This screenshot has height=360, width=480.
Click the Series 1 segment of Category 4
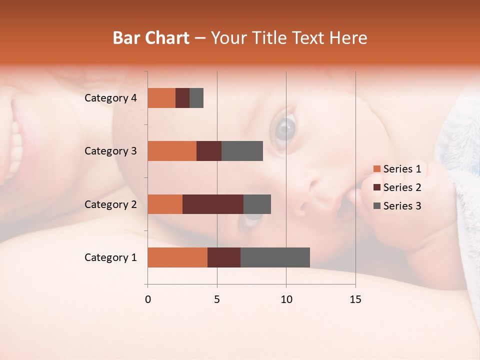161,98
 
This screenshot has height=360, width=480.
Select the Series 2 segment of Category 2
213,204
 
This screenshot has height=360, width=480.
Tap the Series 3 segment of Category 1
275,257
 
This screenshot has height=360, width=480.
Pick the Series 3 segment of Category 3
242,151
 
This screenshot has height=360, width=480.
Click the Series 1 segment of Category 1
177,257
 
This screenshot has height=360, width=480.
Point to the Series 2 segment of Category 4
182,98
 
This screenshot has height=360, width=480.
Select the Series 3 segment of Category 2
257,204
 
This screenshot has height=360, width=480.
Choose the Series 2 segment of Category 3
209,151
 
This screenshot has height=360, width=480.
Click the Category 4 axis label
110,98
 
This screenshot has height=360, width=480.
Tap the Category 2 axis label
110,204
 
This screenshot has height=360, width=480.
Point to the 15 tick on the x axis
355,299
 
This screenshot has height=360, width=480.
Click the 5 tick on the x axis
217,299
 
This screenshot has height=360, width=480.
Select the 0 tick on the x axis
148,299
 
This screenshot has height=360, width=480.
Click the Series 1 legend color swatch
376,169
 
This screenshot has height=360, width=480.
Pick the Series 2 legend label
402,187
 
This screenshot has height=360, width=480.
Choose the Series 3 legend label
402,206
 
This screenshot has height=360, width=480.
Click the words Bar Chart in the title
151,38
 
